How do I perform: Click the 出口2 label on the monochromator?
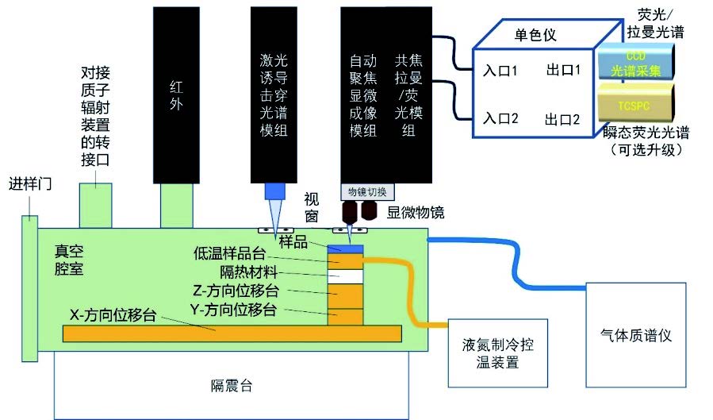pos(562,120)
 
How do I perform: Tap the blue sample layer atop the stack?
pos(345,249)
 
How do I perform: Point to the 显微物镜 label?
pos(416,212)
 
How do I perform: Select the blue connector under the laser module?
pos(274,191)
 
